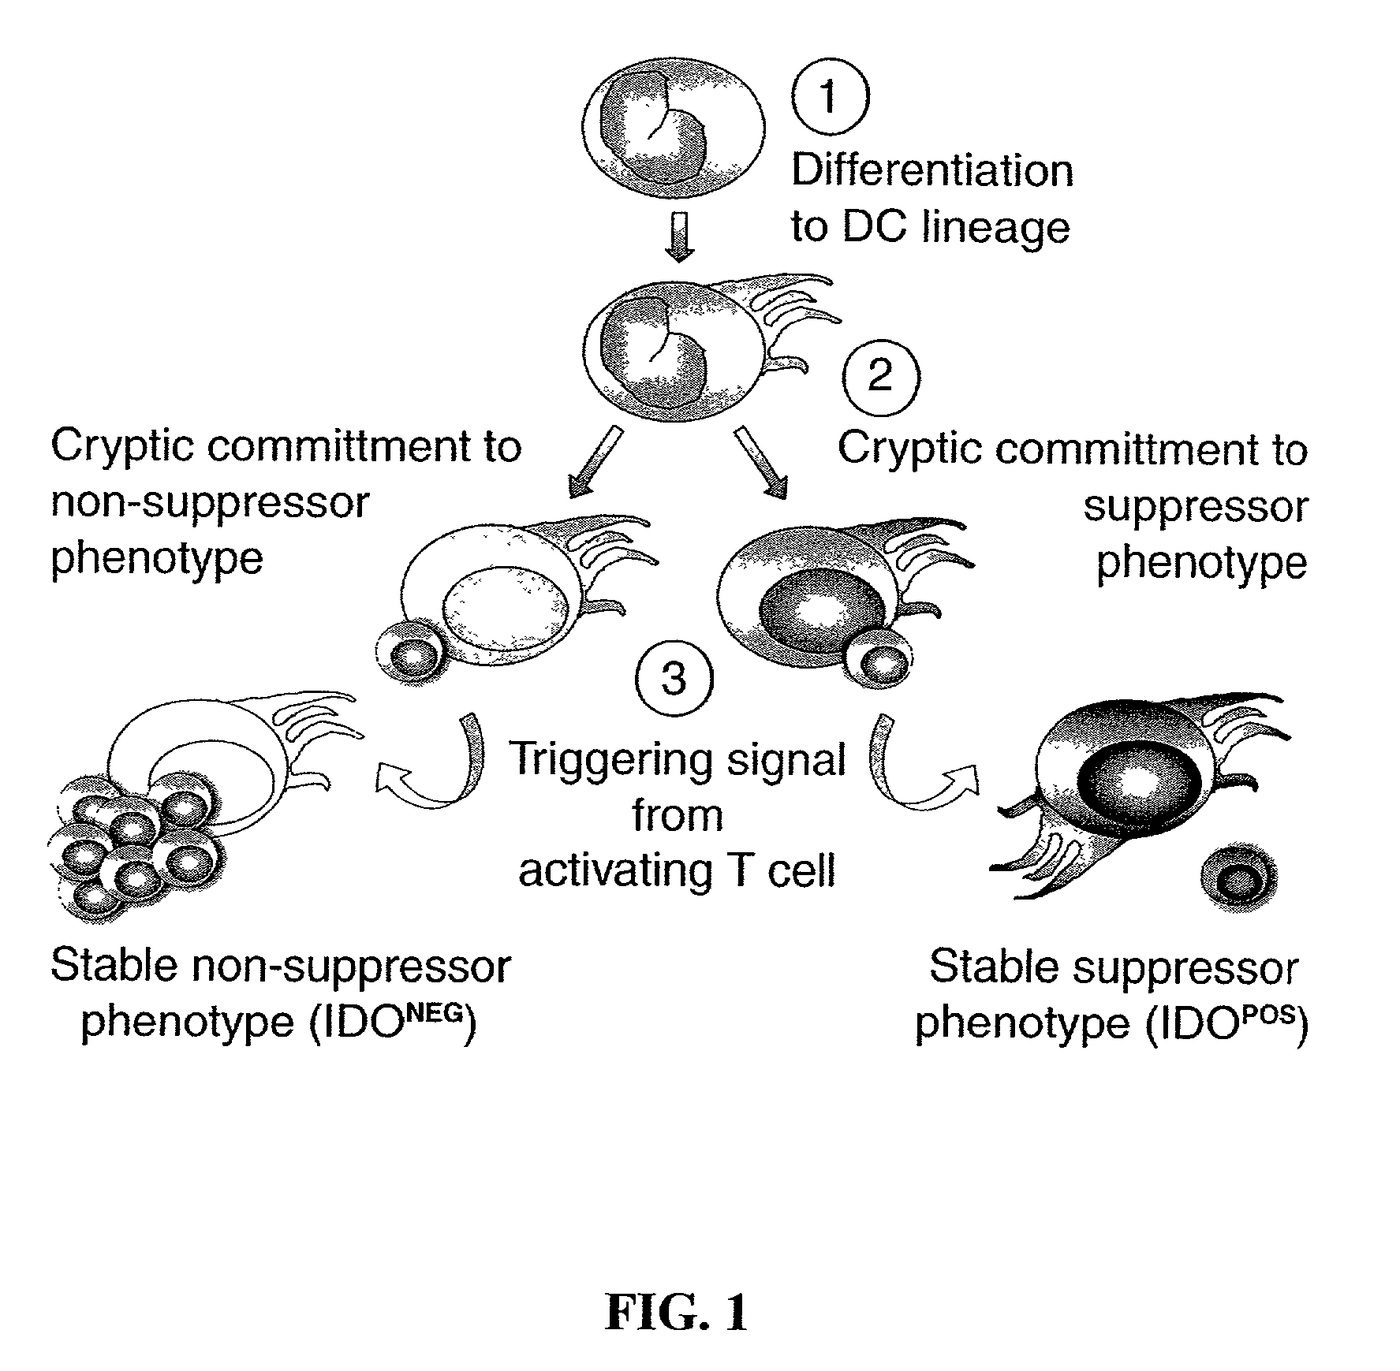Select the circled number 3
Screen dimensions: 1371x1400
tap(673, 679)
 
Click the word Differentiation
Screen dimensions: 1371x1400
tap(931, 171)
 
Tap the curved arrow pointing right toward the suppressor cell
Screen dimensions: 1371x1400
tap(919, 769)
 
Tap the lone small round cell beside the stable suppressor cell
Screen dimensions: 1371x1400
tap(1238, 876)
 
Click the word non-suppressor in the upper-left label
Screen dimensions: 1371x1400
tap(210, 502)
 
